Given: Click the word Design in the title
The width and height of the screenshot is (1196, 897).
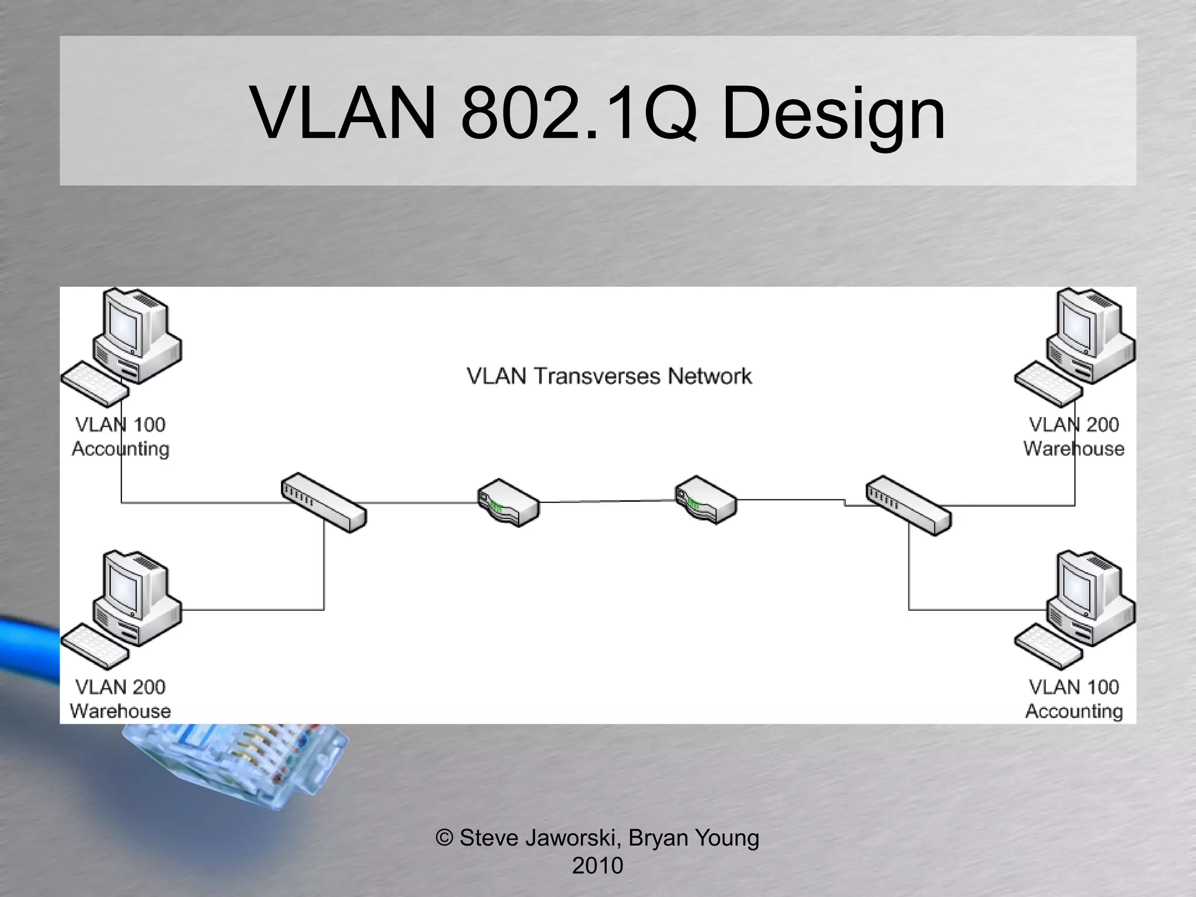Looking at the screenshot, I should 833,114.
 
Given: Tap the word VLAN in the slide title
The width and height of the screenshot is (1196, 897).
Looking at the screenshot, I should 343,114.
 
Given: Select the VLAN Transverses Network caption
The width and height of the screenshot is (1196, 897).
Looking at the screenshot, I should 609,377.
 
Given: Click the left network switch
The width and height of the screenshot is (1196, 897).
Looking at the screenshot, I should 324,503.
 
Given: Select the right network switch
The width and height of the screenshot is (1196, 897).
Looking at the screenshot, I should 909,506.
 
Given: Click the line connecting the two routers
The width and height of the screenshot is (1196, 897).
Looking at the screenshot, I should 607,501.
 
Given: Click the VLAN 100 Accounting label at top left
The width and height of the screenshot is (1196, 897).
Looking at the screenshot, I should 120,436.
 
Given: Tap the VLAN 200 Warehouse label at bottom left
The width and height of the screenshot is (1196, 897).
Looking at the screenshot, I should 120,698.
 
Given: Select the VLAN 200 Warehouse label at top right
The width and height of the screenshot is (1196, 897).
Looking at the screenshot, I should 1073,436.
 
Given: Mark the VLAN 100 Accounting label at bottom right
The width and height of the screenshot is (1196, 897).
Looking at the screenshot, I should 1073,698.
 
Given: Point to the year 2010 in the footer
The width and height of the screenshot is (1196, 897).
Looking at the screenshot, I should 597,865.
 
